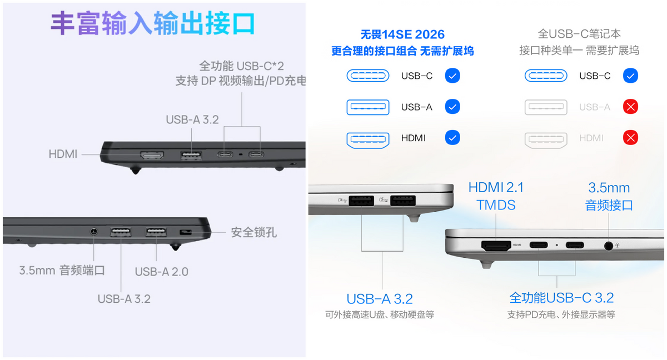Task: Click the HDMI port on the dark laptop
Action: (152, 155)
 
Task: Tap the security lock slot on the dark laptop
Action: (186, 232)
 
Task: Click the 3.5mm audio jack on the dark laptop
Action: (94, 231)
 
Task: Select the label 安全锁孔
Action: (253, 232)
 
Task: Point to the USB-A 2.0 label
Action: (161, 272)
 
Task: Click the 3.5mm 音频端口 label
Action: (62, 271)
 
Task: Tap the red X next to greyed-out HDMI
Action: (630, 137)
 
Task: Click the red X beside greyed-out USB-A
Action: (630, 107)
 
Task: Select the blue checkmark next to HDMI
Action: (452, 137)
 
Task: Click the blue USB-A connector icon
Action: (368, 107)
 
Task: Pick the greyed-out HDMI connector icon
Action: (546, 140)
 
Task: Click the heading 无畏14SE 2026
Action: (402, 34)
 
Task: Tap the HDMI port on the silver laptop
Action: (496, 246)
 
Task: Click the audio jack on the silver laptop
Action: (609, 246)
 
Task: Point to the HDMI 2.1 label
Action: (496, 187)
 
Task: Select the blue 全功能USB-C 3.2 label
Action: (561, 298)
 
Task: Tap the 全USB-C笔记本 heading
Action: (579, 34)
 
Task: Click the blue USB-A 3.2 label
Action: (380, 299)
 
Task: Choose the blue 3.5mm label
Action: (609, 188)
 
